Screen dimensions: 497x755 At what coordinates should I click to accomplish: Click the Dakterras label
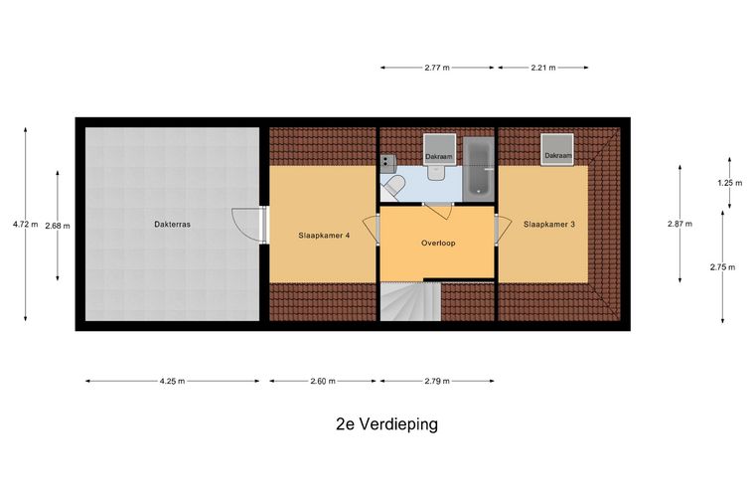tap(172, 225)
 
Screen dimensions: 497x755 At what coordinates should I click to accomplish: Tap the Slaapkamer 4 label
tap(323, 236)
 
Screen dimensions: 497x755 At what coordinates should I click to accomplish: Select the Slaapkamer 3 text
tap(549, 225)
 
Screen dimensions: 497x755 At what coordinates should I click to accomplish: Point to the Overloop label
tap(437, 242)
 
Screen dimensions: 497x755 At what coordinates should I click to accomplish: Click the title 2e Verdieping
tap(386, 423)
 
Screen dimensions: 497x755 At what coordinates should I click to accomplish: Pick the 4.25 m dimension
tap(172, 381)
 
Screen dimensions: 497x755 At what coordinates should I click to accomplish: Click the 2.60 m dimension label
tap(320, 381)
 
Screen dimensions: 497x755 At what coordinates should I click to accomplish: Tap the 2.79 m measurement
tap(436, 381)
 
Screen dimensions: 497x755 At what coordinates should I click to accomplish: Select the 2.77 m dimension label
tap(437, 68)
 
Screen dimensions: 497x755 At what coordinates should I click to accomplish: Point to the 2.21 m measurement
tap(541, 68)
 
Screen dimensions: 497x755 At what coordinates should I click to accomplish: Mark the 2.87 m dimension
tap(679, 225)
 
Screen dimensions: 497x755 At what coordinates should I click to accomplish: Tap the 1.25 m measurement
tap(729, 183)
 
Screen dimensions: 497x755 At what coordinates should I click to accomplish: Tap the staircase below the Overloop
tap(408, 301)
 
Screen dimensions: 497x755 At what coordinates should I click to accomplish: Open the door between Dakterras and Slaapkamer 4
tap(248, 225)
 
